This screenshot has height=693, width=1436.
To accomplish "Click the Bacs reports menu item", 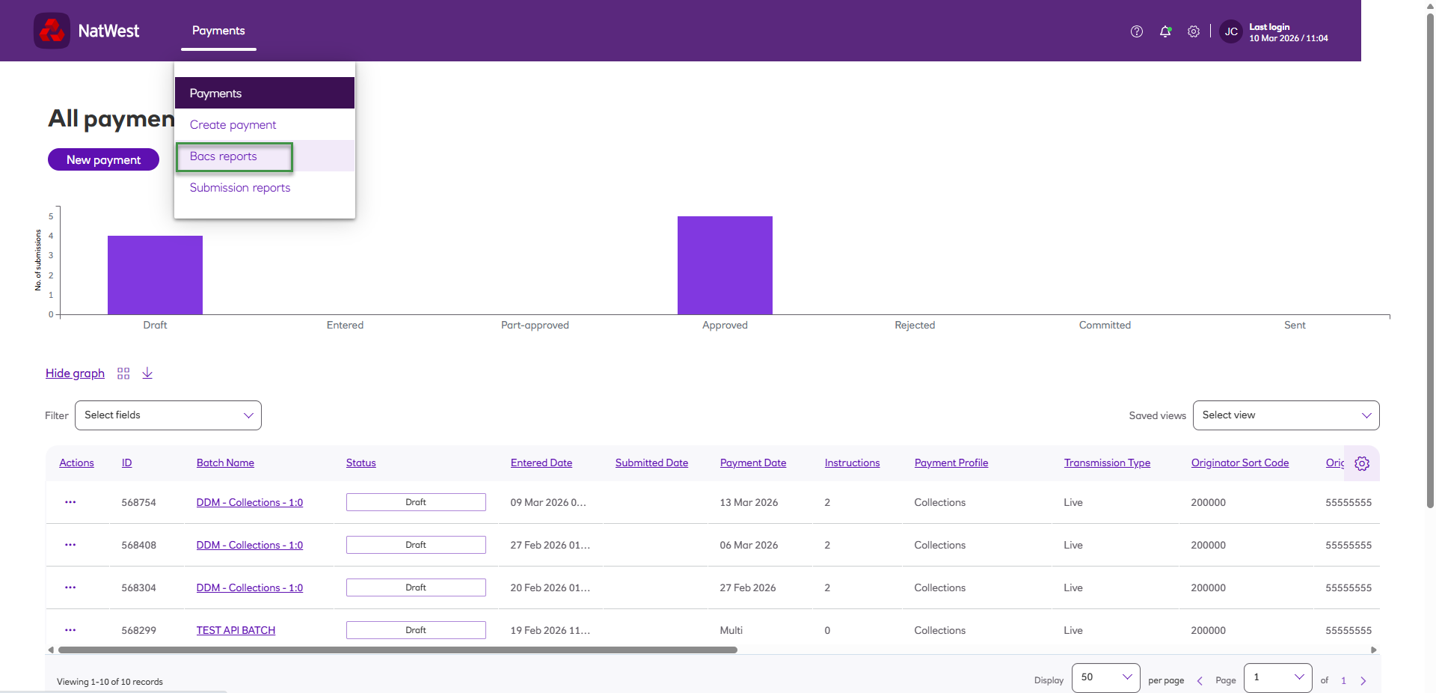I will click(x=224, y=156).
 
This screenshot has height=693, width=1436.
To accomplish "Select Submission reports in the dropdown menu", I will click(x=239, y=188).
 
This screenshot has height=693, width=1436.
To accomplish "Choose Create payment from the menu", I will click(x=233, y=125).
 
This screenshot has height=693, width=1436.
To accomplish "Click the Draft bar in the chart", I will click(x=155, y=275).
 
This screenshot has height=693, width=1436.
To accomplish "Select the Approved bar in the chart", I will click(x=725, y=265).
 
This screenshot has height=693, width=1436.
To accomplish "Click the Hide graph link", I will click(x=75, y=373).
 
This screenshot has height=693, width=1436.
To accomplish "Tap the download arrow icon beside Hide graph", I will click(x=147, y=373).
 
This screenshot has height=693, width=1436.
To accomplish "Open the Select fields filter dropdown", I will click(x=168, y=415).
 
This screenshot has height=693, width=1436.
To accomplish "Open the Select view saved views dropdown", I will click(x=1286, y=415).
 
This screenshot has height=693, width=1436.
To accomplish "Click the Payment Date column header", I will click(x=752, y=463).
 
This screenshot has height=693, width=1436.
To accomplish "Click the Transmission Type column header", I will click(x=1107, y=463).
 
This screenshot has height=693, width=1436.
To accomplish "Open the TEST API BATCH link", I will click(x=236, y=631).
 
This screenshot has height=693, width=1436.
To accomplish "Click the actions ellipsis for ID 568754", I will click(x=70, y=502).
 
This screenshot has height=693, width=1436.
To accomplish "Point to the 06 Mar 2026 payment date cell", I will click(x=749, y=546).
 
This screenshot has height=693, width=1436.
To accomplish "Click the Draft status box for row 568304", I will click(x=416, y=587).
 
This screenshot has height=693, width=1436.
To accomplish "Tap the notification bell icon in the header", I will click(x=1165, y=31).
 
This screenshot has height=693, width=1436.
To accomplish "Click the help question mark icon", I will click(x=1137, y=31).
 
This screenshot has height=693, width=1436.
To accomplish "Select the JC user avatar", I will click(x=1231, y=31).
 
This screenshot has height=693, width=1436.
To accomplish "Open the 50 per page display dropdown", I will click(x=1105, y=677).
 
